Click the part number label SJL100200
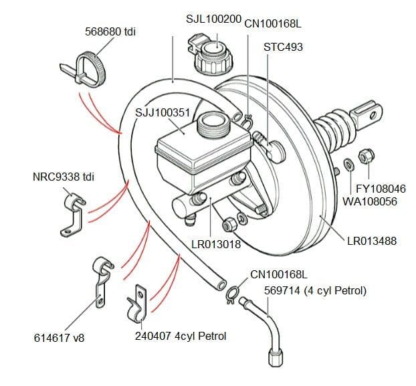(x=213, y=19)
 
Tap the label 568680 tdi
(x=110, y=31)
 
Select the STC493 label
(x=284, y=47)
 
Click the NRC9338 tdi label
(x=64, y=177)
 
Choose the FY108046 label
(x=381, y=189)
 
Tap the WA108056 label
(x=374, y=201)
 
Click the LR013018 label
(x=216, y=244)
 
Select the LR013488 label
(x=372, y=241)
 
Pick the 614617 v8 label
(x=60, y=338)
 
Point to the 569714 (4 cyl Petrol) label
(x=307, y=291)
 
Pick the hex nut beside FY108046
(x=366, y=157)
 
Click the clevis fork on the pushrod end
(x=367, y=114)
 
